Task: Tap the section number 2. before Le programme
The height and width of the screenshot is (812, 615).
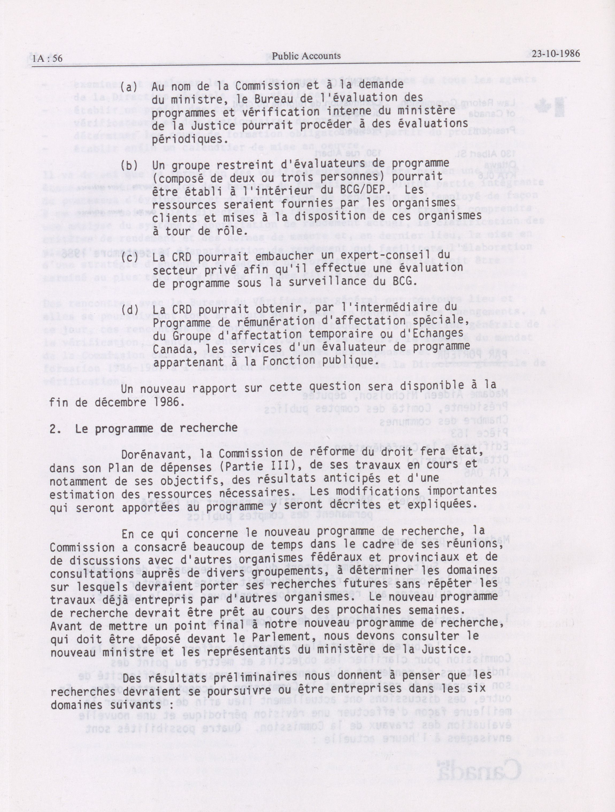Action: point(55,428)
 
